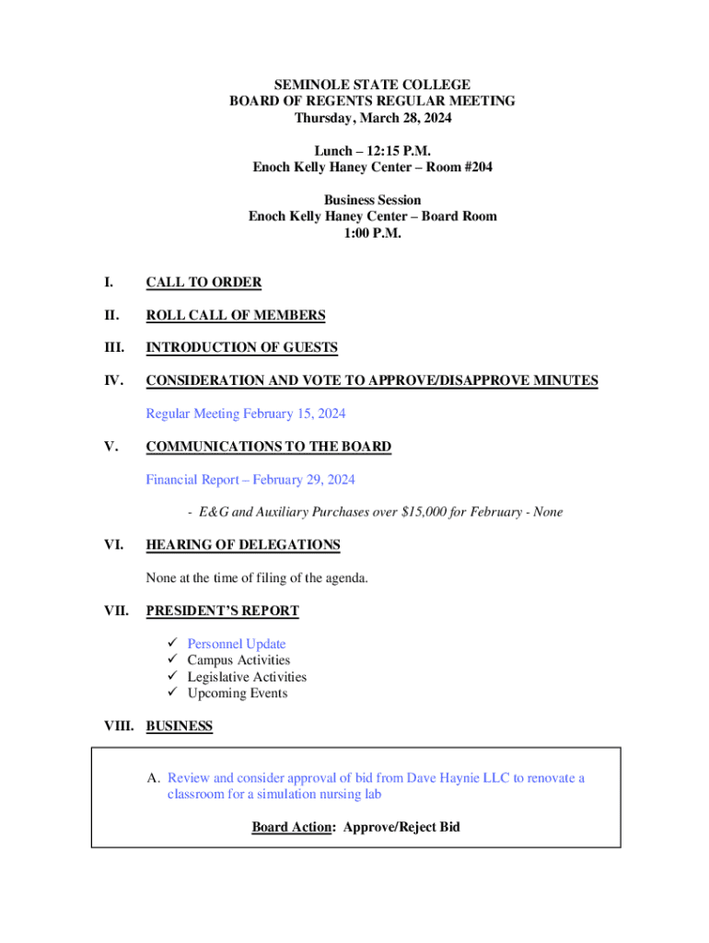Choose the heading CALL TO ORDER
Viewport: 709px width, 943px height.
203,283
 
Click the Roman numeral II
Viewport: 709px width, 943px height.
111,316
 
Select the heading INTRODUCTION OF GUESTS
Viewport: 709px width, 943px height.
241,348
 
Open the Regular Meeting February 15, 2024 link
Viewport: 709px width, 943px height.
246,414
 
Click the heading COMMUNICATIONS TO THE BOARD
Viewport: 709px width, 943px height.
268,447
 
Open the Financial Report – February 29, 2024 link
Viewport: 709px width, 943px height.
250,480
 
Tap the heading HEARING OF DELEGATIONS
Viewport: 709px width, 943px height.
243,545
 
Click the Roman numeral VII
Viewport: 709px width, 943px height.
114,611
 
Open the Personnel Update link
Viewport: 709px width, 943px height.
237,644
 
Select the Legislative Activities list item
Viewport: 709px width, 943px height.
247,677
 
